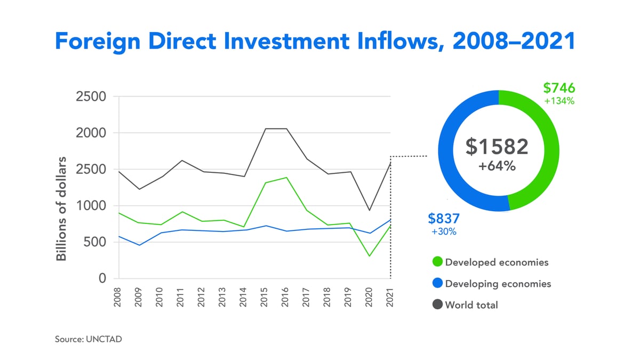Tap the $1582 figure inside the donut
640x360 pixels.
pyautogui.click(x=497, y=147)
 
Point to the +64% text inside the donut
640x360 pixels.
pyautogui.click(x=497, y=166)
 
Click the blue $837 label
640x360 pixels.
pyautogui.click(x=444, y=218)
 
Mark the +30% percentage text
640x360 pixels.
pyautogui.click(x=444, y=232)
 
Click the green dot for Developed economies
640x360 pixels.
pyautogui.click(x=437, y=262)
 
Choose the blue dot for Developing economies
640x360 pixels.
pyautogui.click(x=437, y=284)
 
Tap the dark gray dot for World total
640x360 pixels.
pyautogui.click(x=437, y=305)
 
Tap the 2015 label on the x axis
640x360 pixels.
pyautogui.click(x=265, y=295)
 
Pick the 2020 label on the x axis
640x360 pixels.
pyautogui.click(x=369, y=295)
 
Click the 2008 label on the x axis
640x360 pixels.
pyautogui.click(x=118, y=295)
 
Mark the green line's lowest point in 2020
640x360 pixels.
pyautogui.click(x=369, y=256)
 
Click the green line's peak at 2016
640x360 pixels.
pyautogui.click(x=285, y=178)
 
